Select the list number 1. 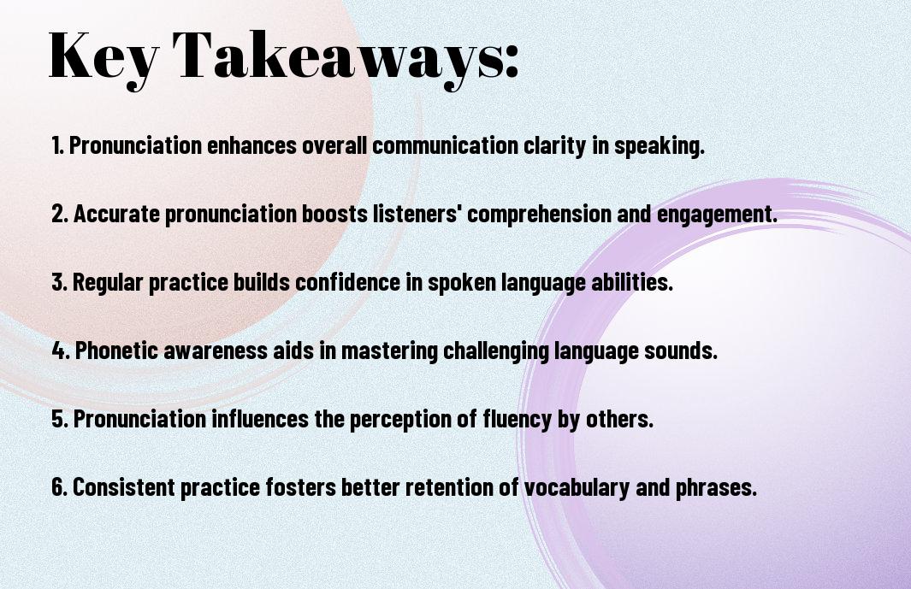coord(57,145)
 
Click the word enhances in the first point coord(252,145)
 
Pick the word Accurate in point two coord(116,214)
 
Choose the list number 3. coord(59,282)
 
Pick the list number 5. coord(59,419)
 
